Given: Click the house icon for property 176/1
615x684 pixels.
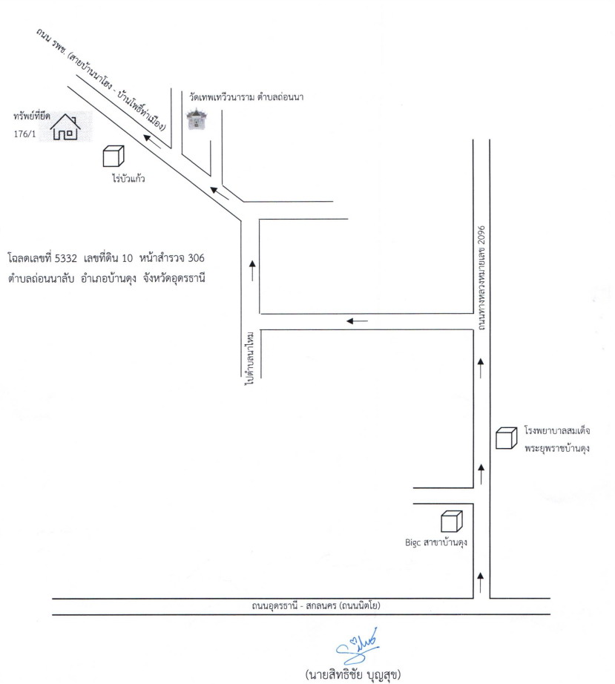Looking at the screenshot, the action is tap(65, 127).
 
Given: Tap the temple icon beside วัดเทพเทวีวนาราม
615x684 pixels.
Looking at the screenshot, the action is tap(197, 119).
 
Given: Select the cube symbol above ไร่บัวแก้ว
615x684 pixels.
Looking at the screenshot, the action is tap(114, 157).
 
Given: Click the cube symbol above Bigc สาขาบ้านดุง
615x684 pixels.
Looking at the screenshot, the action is tap(452, 522).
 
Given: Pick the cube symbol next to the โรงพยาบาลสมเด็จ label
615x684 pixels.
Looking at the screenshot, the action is tap(507, 438).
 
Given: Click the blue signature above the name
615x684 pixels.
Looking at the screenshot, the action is tap(357, 645).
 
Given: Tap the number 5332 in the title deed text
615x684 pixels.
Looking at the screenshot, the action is tap(66, 258).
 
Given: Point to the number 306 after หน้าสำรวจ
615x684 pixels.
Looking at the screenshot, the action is tap(196, 258).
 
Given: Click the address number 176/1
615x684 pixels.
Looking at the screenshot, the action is tap(25, 134).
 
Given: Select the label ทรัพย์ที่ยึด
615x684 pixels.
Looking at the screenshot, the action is tap(31, 116).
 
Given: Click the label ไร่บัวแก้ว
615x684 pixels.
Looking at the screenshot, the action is tap(128, 178).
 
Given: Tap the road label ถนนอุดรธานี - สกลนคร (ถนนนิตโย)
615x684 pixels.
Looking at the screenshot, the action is tap(316, 606).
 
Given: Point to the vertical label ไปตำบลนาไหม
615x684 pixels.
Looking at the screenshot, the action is tap(250, 358).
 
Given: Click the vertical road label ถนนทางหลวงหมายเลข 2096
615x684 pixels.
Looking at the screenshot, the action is tap(481, 278).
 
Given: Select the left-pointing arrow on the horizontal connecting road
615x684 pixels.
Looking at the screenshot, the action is tap(358, 321).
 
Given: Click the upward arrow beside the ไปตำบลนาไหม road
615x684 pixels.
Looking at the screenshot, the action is tap(252, 271).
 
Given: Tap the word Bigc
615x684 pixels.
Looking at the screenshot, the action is tap(412, 543).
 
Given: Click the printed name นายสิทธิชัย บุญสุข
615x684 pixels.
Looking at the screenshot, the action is tap(353, 674).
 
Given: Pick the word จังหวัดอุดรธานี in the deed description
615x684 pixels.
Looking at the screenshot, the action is tap(174, 278).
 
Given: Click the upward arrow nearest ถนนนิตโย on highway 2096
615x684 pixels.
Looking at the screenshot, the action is tap(481, 582).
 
